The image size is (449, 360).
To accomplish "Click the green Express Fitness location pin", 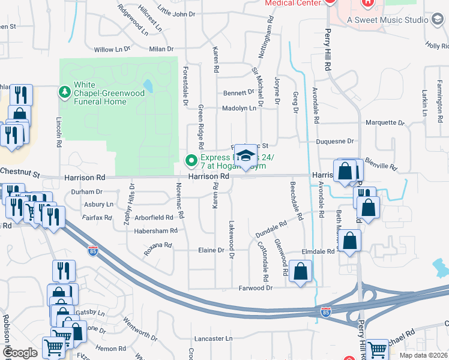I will [191, 160].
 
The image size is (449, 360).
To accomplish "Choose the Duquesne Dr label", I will [335, 141].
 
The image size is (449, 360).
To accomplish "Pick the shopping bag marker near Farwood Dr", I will [300, 272].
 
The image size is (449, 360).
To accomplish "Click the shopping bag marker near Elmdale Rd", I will [352, 242].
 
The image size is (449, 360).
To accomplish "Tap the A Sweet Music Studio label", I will [388, 20].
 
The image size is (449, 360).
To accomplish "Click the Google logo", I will [20, 353].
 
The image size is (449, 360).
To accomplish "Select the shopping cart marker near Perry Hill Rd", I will [377, 349].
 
